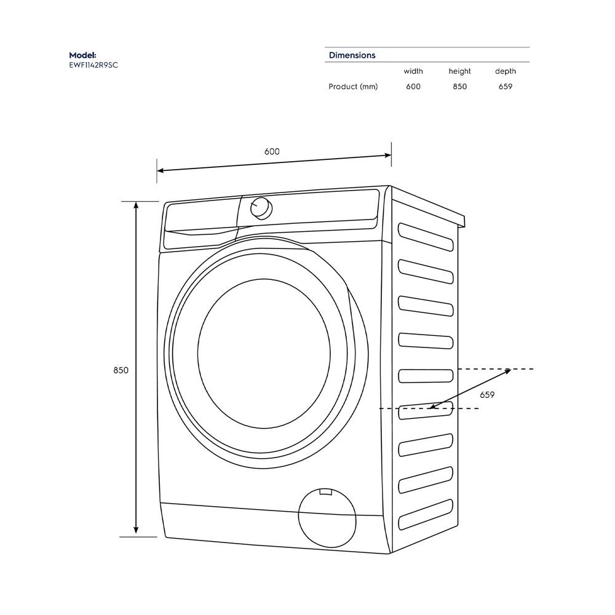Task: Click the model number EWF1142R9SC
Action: [93, 65]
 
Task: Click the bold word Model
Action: [82, 55]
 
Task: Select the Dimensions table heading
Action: [352, 55]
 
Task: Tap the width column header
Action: [413, 71]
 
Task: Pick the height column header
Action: [459, 71]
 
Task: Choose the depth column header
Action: [506, 71]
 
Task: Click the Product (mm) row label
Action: [353, 87]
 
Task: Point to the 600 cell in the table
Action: [413, 87]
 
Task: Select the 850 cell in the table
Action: [459, 87]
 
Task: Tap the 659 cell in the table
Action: [506, 87]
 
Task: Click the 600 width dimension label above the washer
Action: [272, 152]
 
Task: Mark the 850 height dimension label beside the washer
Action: [121, 370]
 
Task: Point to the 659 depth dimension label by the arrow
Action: [487, 395]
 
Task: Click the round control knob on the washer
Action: [261, 208]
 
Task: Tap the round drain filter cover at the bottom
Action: [327, 517]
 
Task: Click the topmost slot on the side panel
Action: [426, 236]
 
